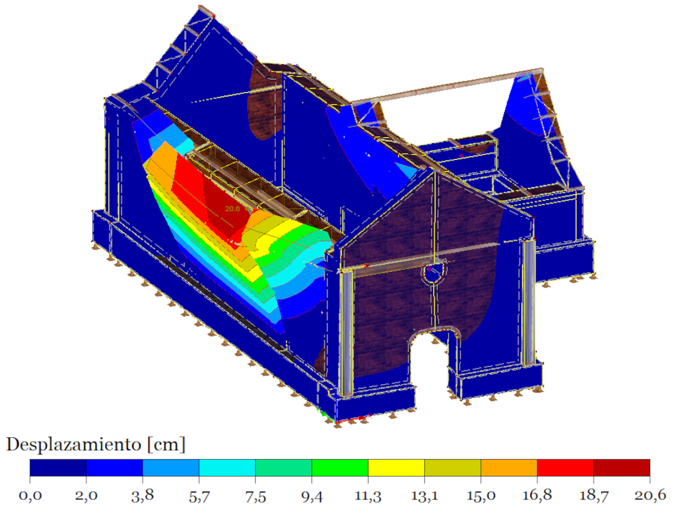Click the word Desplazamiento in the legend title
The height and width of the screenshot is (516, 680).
coord(74,445)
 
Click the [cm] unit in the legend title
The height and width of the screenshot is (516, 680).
coord(166,445)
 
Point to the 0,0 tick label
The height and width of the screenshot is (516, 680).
coord(30,495)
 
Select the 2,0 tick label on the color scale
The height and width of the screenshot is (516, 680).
coord(86,495)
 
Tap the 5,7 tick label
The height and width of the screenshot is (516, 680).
coord(199,495)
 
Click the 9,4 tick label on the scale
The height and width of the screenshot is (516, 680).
coord(312,495)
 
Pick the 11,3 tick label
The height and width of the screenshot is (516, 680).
coord(368,495)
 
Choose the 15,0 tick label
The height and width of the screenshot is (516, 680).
coord(480,495)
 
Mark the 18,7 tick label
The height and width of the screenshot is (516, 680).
coord(593,495)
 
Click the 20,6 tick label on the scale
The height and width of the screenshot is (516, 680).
coord(650,495)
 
